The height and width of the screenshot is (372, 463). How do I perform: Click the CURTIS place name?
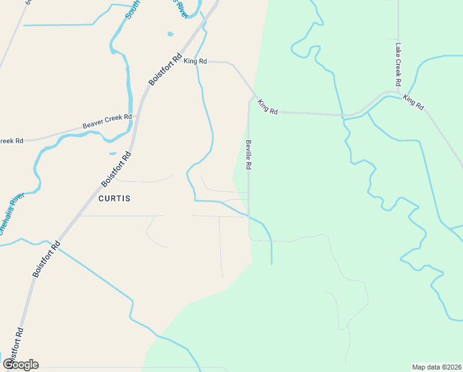[x=115, y=198]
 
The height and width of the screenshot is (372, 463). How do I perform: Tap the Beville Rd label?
[x=249, y=155]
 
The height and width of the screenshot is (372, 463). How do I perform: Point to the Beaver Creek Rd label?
[x=107, y=121]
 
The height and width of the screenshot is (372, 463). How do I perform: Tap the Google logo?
[x=20, y=364]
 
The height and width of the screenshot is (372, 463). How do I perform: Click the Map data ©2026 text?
[x=436, y=366]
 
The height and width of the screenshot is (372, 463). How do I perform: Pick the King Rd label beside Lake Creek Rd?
[x=413, y=102]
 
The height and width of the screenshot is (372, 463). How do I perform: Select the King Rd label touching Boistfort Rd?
[x=196, y=61]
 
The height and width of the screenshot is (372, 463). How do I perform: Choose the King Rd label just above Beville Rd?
[x=268, y=107]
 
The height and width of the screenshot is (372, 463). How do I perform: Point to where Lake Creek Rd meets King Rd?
[x=398, y=92]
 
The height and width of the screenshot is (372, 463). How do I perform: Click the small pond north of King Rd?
[x=169, y=33]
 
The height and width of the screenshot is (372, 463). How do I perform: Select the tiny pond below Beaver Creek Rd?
[x=113, y=153]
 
